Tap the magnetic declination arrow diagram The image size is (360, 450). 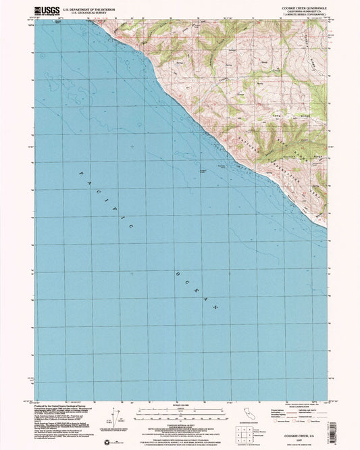[x=121, y=421]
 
